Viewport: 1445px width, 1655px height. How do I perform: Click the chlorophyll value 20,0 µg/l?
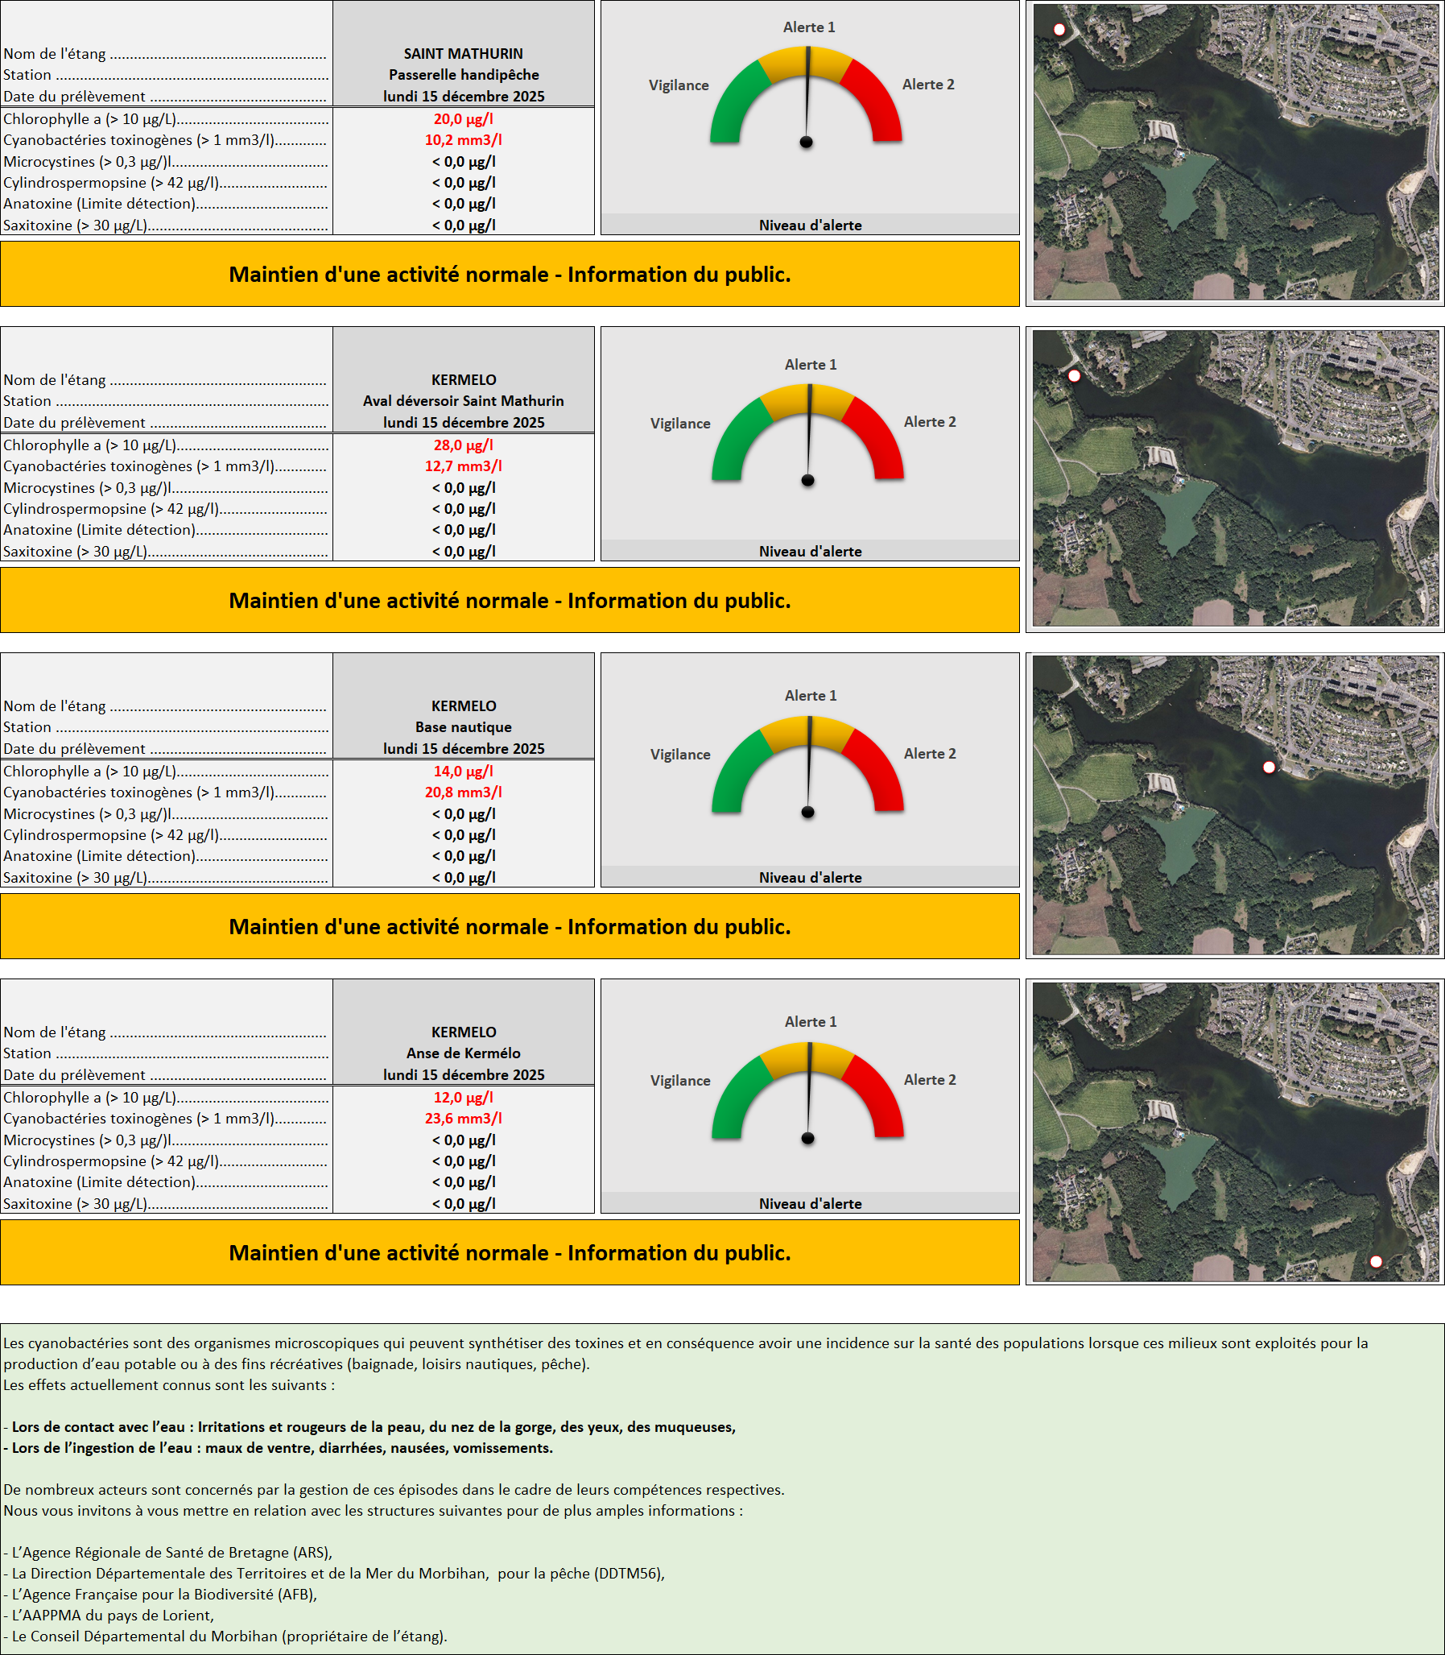[463, 119]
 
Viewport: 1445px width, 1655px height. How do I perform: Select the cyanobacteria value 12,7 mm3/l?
[463, 466]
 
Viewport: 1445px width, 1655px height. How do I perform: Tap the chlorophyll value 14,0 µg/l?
[463, 771]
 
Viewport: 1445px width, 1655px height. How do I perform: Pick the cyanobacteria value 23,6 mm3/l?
[463, 1119]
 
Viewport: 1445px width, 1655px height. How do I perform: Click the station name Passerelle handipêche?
[464, 75]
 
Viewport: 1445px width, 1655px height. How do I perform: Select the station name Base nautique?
[464, 726]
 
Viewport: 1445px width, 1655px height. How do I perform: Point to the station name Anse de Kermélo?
[464, 1053]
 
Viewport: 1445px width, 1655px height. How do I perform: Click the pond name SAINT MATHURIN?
[464, 54]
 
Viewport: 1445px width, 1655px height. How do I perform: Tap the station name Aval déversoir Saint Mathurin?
[464, 401]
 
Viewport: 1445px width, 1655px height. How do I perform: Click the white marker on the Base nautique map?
[1269, 767]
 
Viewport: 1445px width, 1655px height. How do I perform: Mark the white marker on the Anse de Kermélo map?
[1377, 1261]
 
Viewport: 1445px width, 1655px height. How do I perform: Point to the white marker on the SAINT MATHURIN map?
[1059, 30]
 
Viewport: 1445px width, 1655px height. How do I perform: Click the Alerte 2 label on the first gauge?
[928, 85]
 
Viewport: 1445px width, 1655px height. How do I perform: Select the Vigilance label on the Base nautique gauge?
[680, 754]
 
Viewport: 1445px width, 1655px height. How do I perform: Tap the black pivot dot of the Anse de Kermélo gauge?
[808, 1139]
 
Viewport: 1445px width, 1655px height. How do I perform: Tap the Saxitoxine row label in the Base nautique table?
[76, 878]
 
